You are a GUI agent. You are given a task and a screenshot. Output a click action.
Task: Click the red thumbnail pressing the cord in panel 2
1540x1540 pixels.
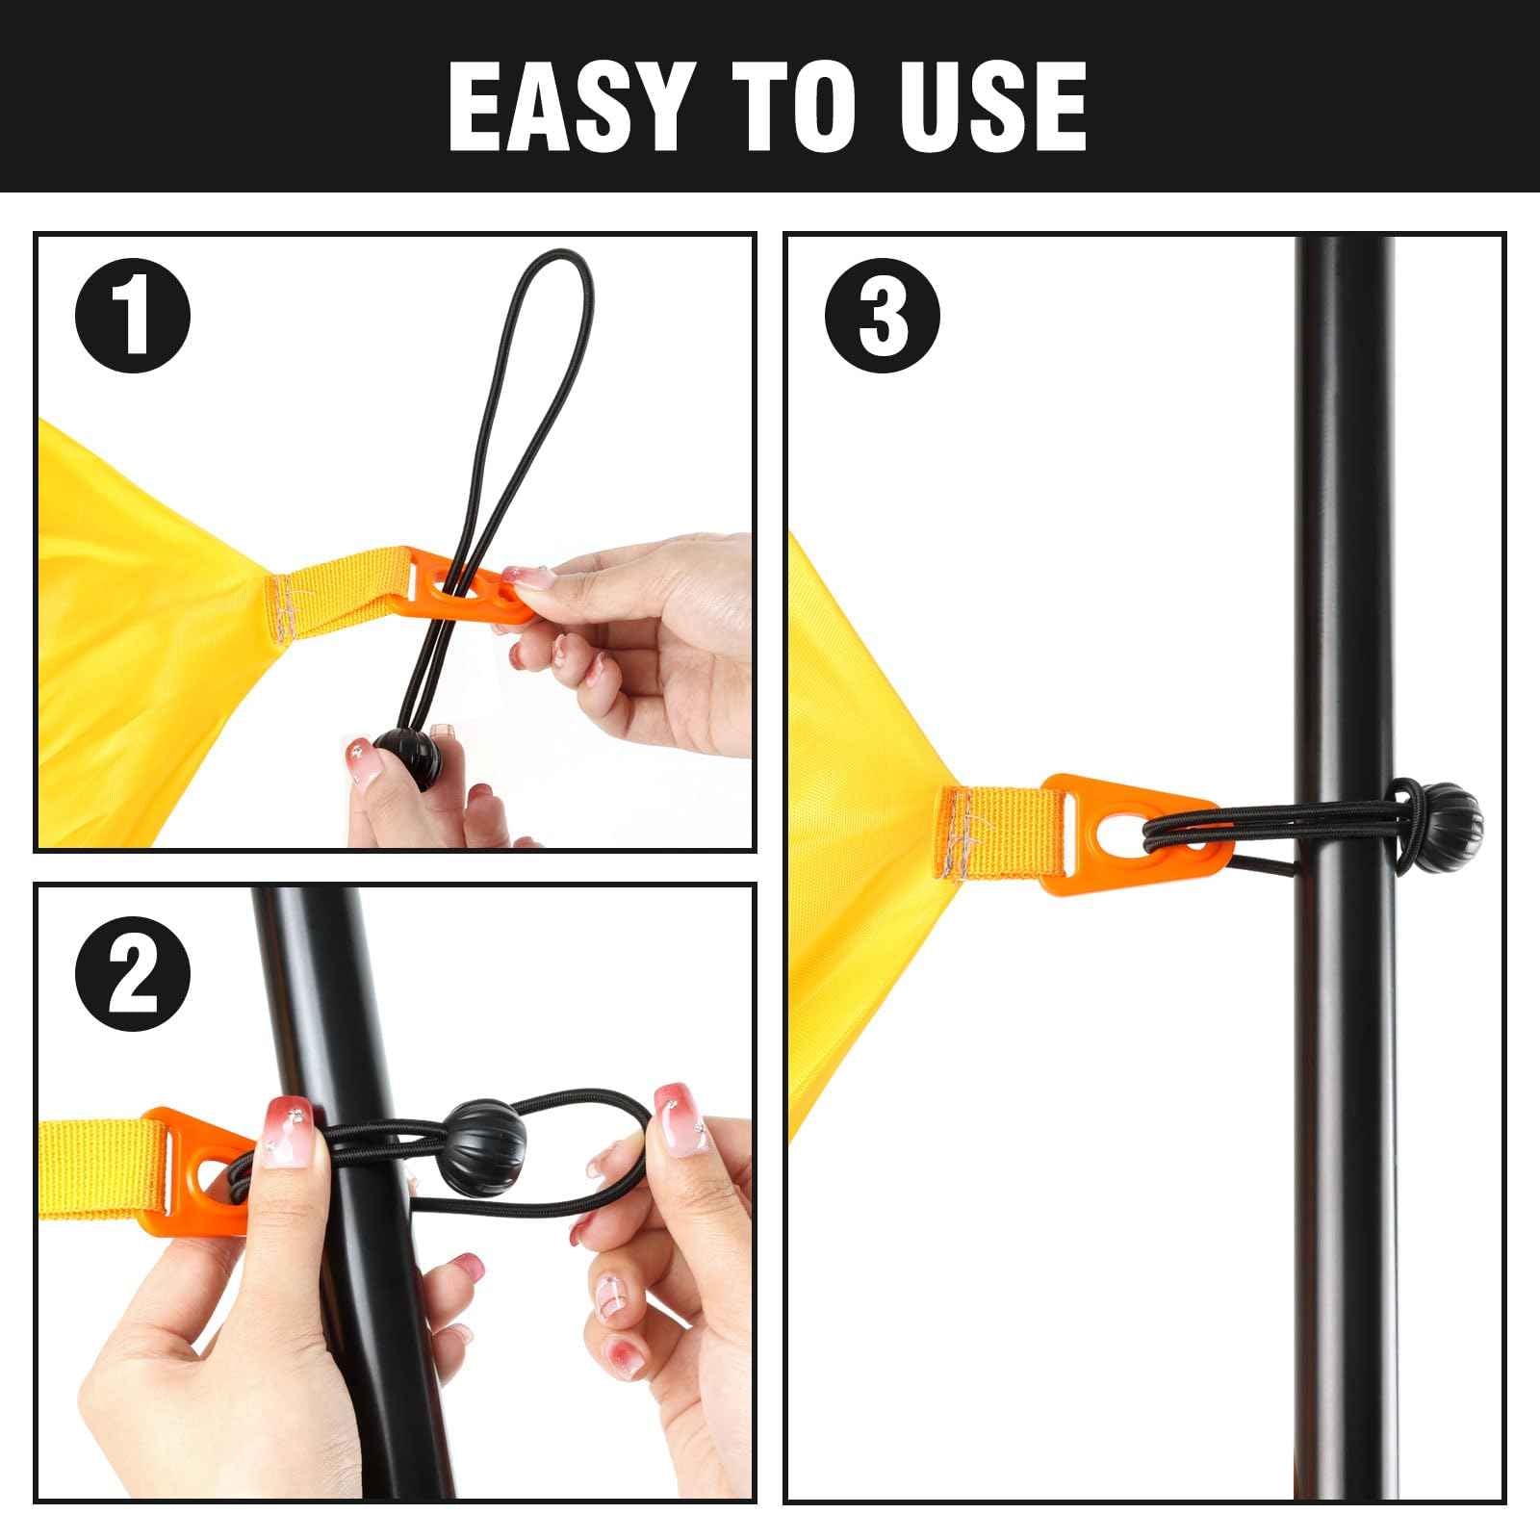click(x=290, y=1126)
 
